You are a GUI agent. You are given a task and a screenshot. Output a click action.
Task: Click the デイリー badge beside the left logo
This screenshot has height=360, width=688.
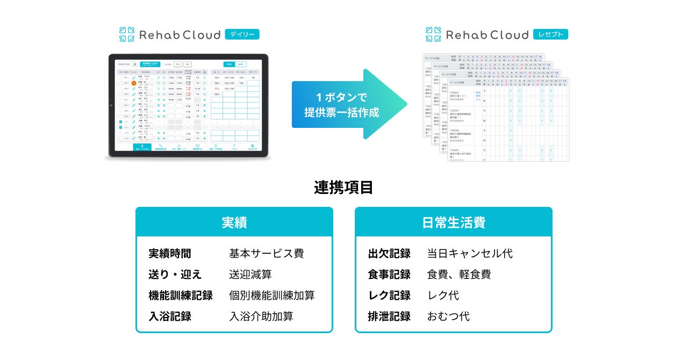tap(242, 34)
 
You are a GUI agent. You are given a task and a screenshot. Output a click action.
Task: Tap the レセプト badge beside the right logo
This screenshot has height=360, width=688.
tap(550, 34)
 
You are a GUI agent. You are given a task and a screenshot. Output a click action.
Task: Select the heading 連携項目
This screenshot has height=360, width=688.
tap(343, 188)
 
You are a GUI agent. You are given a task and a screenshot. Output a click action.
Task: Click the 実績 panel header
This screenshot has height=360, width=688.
tap(234, 222)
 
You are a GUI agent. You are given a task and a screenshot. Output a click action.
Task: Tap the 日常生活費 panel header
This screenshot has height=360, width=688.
tap(453, 222)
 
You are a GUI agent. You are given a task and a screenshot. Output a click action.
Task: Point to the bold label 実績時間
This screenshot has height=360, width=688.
tap(170, 254)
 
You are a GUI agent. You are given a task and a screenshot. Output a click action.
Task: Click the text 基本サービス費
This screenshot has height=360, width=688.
tap(267, 254)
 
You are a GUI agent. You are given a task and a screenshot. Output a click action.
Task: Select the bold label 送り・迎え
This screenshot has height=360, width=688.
tap(175, 275)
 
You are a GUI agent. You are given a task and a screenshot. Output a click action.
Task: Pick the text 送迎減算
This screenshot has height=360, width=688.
tap(250, 275)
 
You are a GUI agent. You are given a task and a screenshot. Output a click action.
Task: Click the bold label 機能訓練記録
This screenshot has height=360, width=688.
tap(181, 296)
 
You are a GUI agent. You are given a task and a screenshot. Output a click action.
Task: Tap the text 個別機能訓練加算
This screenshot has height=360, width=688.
tap(272, 296)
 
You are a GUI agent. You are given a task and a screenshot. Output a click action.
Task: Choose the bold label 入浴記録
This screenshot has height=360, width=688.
tap(170, 316)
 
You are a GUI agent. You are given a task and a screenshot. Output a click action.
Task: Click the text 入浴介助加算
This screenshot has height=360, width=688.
tap(261, 316)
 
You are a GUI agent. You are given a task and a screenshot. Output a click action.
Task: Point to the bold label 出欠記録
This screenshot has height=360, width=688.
tap(389, 254)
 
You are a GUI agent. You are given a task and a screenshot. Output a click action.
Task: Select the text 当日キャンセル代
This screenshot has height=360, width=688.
tap(470, 254)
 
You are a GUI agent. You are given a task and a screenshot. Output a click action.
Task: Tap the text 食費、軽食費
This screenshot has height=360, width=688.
tap(459, 275)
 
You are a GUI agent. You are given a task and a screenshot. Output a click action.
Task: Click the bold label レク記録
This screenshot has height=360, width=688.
tap(389, 296)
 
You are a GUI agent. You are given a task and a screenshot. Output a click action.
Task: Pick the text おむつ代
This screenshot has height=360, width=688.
tap(448, 316)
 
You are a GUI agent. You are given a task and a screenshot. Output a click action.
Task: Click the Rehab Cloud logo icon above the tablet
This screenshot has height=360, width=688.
tap(127, 34)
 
